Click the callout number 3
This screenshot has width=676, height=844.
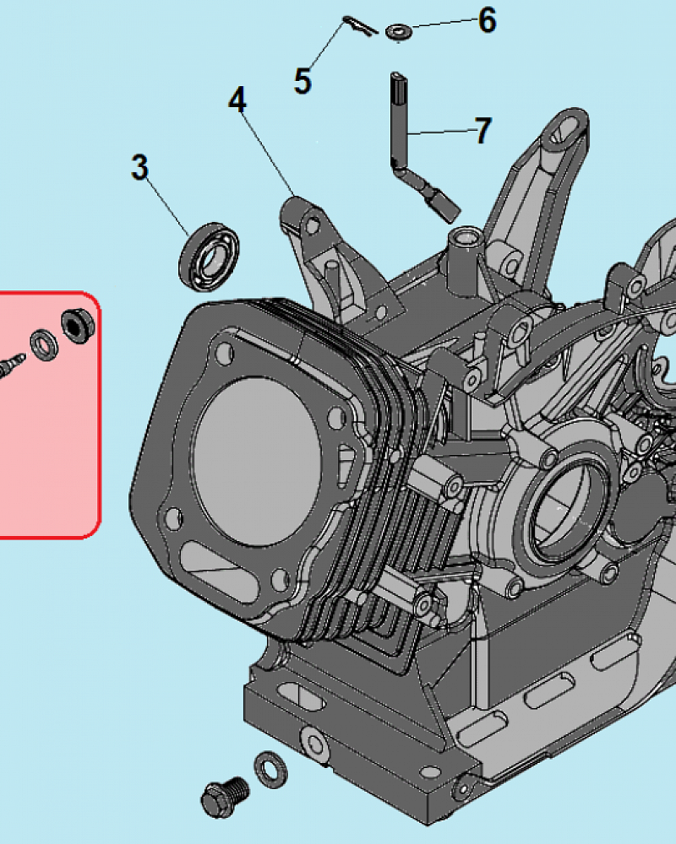coord(139,167)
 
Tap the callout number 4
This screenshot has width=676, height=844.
coord(237,100)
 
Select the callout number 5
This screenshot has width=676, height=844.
coord(303,81)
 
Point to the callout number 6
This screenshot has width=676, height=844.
coord(488,20)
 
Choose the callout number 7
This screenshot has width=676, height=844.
coord(483,130)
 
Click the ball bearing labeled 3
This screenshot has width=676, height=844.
coord(210,257)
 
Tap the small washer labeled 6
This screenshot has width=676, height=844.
coord(399,32)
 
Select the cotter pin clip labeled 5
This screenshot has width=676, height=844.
coord(360,26)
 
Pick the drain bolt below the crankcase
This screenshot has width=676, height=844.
coord(226,797)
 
